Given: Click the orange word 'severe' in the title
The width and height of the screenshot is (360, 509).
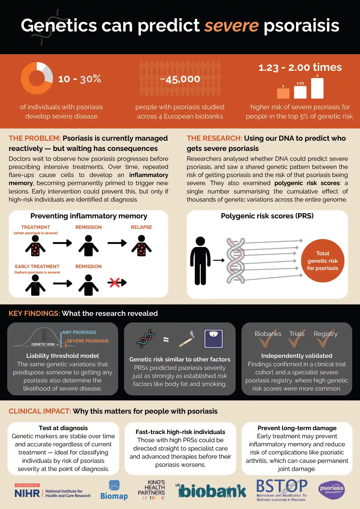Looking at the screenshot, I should point(231,25).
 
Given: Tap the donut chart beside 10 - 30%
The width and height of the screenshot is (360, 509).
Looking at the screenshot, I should point(37,78).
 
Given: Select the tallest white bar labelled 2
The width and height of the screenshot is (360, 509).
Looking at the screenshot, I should point(317,88).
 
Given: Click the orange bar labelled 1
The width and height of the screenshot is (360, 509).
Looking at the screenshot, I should point(283,93).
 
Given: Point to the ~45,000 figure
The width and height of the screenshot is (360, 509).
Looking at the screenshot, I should point(180,79).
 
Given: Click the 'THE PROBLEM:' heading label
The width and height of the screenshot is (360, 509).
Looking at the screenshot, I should point(34,138).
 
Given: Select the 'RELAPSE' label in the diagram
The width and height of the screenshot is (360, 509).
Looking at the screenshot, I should point(141,227).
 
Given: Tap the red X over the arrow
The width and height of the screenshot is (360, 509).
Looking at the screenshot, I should point(114,282).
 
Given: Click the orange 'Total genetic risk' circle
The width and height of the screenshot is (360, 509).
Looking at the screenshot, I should point(322,261).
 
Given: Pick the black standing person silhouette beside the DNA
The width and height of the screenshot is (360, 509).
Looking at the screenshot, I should point(200,260).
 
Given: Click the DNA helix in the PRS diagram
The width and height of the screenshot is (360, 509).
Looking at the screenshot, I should point(236,260).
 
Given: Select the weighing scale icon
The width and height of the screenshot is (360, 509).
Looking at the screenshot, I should point(213,339).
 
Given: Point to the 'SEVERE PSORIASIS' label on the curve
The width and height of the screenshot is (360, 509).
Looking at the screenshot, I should point(88,341).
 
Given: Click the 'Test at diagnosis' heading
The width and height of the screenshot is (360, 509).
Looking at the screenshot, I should point(63,428).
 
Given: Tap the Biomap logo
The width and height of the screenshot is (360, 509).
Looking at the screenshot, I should point(114,490).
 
